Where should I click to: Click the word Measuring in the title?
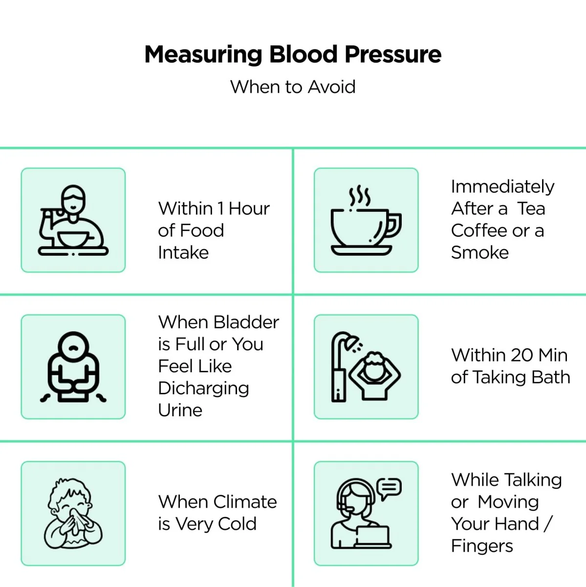pos(203,55)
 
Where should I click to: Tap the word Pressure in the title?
pos(393,54)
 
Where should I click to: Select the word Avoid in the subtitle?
pos(331,87)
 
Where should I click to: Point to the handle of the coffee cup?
pos(395,225)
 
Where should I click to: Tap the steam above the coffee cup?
pos(360,195)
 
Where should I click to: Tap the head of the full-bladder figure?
pos(73,347)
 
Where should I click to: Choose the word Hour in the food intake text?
pos(249,209)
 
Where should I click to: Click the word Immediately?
pos(502,187)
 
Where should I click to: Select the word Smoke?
pos(480,252)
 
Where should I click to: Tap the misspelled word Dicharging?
pos(203,389)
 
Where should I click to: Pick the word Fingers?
pos(482,546)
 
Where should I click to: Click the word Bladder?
pos(246,322)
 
